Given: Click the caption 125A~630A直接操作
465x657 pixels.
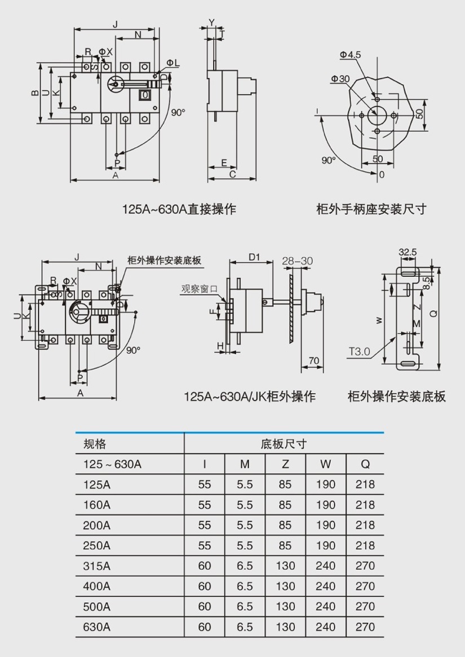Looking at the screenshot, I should pyautogui.click(x=179, y=209).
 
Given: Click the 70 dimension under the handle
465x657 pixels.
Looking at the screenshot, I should pyautogui.click(x=315, y=361).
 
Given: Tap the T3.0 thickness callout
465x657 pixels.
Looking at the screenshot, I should pyautogui.click(x=358, y=351).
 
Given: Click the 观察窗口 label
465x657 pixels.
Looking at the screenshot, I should pyautogui.click(x=200, y=289).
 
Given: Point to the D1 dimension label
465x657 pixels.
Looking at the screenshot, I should pyautogui.click(x=254, y=258).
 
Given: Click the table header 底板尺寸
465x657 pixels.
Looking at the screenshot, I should pyautogui.click(x=284, y=444).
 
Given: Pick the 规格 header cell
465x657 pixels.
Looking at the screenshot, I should pyautogui.click(x=95, y=444).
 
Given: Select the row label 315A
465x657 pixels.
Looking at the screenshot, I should pyautogui.click(x=97, y=566).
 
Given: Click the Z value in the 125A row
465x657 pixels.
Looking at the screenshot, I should pyautogui.click(x=285, y=484).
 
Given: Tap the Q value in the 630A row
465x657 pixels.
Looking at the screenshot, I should pyautogui.click(x=365, y=627).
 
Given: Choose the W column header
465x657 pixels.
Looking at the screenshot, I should pyautogui.click(x=325, y=464).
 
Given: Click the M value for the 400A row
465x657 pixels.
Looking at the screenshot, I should pyautogui.click(x=245, y=586).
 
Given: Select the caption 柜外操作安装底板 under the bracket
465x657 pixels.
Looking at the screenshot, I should pyautogui.click(x=396, y=396).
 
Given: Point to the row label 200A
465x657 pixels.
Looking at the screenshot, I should pyautogui.click(x=97, y=525).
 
